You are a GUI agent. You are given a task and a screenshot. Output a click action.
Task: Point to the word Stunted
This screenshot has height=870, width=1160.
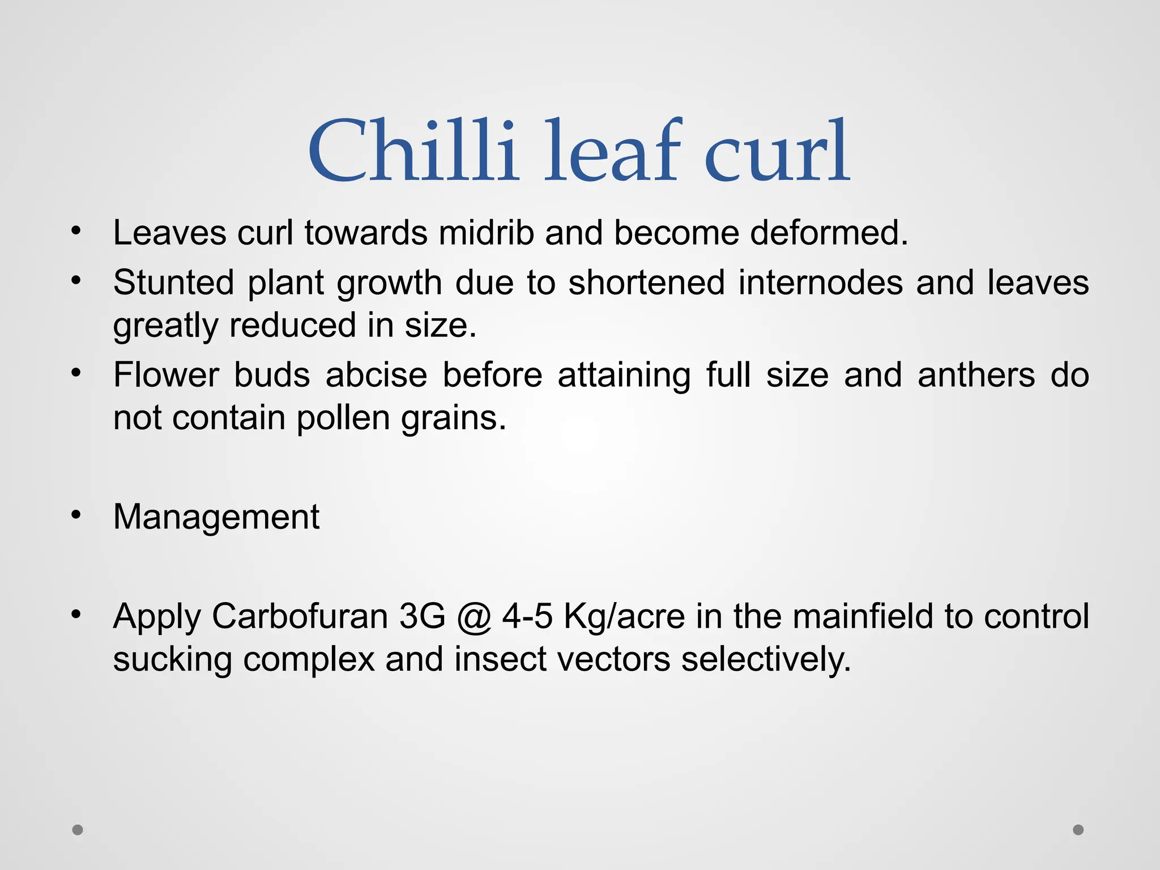tap(173, 282)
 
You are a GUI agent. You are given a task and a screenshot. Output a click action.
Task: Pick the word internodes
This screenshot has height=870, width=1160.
tap(820, 282)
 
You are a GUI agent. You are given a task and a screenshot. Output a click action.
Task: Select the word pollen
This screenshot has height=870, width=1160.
tap(343, 418)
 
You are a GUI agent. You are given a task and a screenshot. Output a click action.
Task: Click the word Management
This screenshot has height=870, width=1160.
tap(216, 517)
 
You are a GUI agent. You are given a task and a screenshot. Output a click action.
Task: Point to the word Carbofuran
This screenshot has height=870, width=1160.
tap(300, 616)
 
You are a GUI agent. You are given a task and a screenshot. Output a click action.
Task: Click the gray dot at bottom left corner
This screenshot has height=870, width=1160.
tap(78, 830)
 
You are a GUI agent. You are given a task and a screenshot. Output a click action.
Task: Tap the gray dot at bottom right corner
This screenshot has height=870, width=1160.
tap(1078, 830)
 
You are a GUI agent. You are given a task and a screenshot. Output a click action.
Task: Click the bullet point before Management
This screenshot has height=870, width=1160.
tap(76, 515)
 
